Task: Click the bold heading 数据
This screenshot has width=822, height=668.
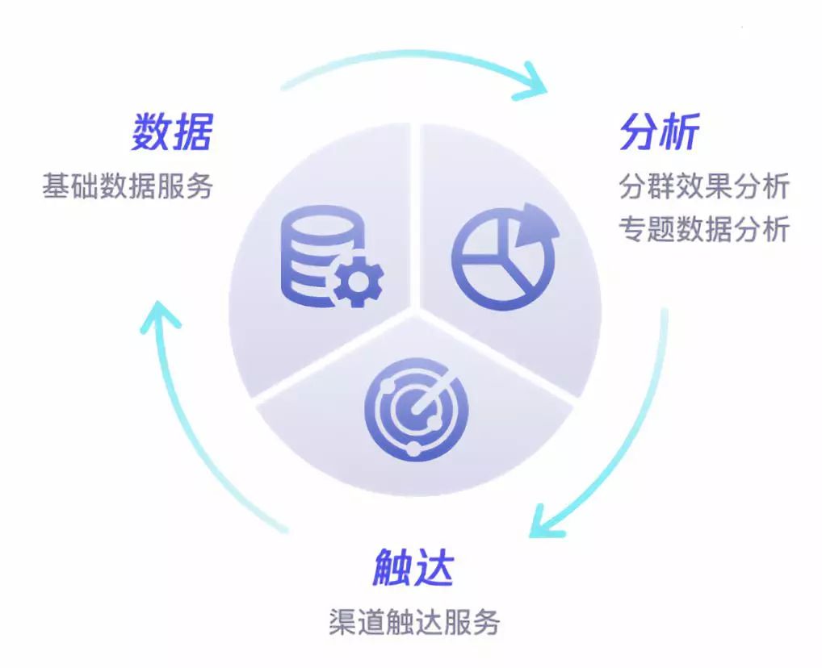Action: (x=172, y=132)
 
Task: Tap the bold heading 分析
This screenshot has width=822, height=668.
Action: (x=659, y=132)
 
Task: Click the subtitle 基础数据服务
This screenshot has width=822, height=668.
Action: (x=128, y=186)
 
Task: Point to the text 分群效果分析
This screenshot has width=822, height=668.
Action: (x=704, y=187)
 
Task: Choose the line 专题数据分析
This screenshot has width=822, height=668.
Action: (x=704, y=229)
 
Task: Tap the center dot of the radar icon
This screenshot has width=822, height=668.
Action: (x=414, y=414)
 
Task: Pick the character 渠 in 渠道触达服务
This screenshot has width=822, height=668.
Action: (x=342, y=622)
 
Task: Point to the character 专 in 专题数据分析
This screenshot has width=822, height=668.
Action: (x=633, y=229)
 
